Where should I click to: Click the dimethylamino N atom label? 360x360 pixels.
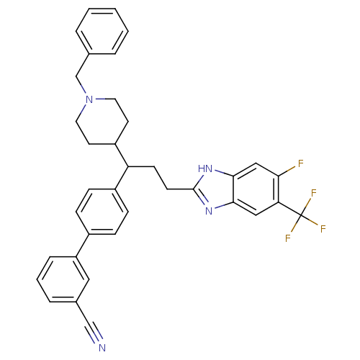89,99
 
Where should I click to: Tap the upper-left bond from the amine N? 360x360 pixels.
83,90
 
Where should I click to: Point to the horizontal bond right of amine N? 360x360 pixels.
100,99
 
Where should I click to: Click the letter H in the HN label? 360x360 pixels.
202,170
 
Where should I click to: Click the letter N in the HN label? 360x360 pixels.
210,170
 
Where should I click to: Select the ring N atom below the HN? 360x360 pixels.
208,210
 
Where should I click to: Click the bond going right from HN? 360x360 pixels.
219,173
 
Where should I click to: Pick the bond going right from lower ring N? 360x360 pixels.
218,207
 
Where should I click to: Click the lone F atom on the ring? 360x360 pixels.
300,164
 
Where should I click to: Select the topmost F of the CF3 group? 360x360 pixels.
314,193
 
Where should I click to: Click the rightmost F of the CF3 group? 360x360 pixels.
323,229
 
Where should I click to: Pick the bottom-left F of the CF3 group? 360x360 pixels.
288,238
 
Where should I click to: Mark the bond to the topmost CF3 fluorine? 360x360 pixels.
311,202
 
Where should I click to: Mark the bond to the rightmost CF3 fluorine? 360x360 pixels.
315,224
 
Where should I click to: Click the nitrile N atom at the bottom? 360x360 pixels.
102,348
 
